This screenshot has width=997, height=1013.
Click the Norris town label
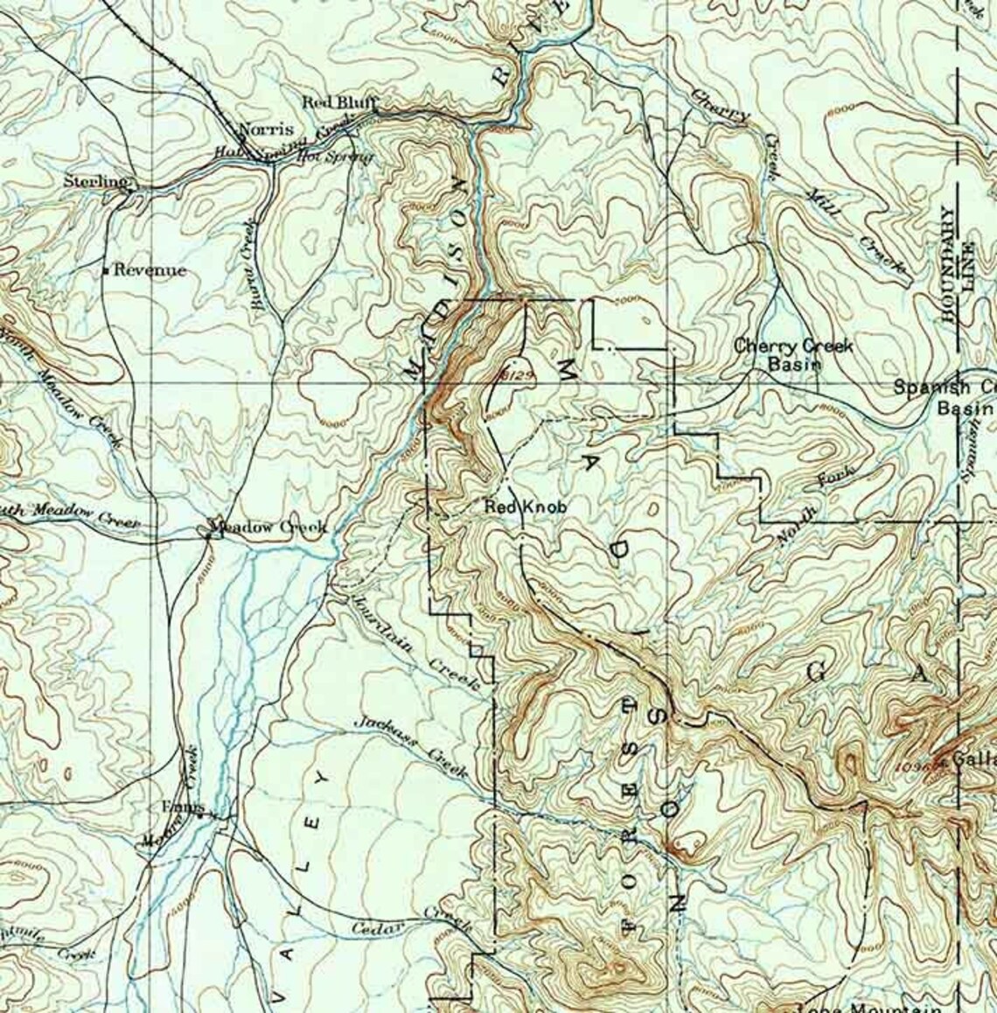click(266, 128)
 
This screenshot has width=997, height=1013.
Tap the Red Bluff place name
click(338, 102)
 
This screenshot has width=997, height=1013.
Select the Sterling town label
click(95, 181)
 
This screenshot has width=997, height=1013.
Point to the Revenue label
click(150, 270)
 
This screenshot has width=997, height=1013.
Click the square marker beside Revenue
click(106, 270)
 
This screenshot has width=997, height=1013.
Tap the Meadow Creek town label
click(269, 527)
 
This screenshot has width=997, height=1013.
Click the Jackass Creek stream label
click(411, 747)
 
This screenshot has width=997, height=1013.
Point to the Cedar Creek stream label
click(411, 923)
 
